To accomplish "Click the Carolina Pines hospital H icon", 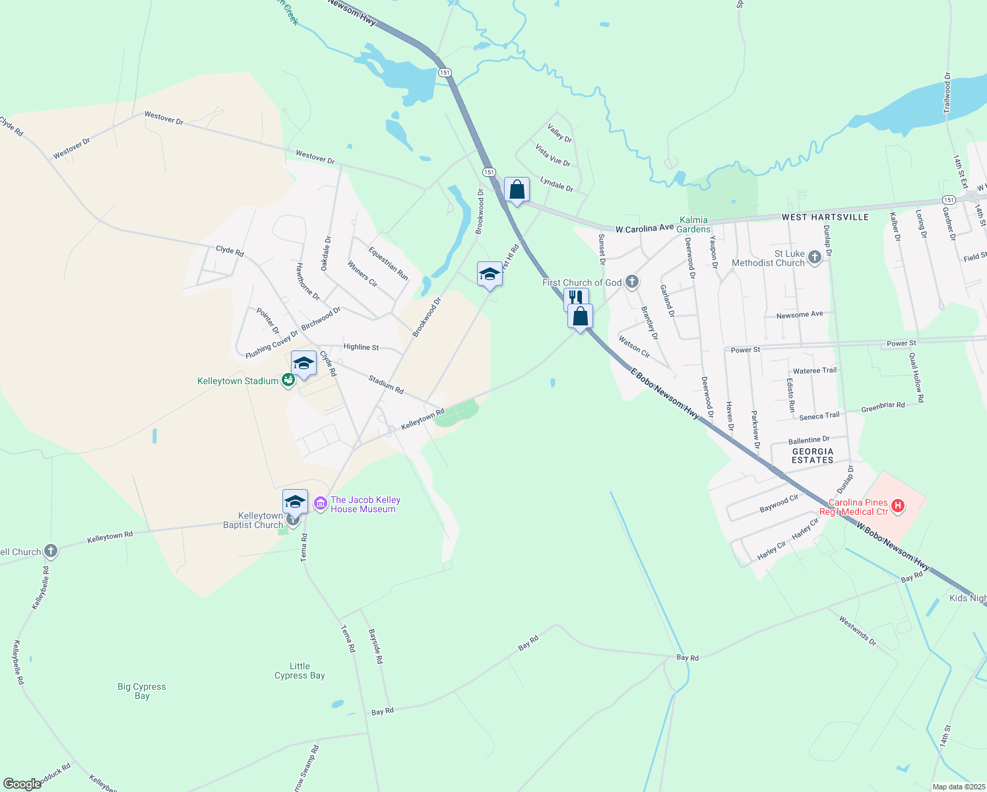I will click(x=897, y=507).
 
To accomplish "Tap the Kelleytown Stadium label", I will click(x=238, y=381).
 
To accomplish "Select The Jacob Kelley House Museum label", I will click(x=365, y=505).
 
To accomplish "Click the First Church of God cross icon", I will click(x=632, y=282).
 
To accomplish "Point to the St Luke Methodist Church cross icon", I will click(x=814, y=257).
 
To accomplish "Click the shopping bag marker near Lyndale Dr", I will click(x=517, y=190).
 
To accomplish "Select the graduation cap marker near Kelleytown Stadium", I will click(x=303, y=364).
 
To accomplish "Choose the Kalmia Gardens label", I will click(x=694, y=224).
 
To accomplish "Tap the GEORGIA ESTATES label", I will click(x=813, y=456).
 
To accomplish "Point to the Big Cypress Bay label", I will click(x=142, y=691).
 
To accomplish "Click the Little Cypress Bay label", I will click(x=300, y=671).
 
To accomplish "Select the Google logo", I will click(x=22, y=784).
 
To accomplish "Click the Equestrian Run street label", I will click(x=388, y=263).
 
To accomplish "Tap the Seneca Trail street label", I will click(x=819, y=416).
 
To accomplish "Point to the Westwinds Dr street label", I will click(x=857, y=630).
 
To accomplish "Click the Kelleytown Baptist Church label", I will click(x=253, y=520).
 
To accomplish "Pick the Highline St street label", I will click(x=361, y=347).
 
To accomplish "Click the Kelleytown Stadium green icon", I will click(x=288, y=380).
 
